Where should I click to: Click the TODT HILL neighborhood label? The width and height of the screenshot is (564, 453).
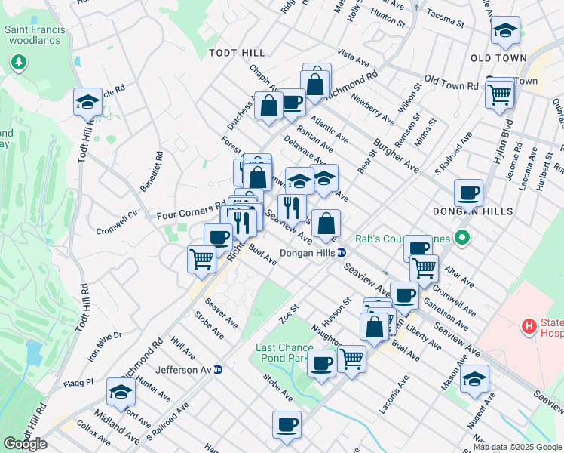(238, 52)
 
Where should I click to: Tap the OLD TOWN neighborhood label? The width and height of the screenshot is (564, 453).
(497, 57)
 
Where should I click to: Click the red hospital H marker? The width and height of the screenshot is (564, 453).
(529, 326)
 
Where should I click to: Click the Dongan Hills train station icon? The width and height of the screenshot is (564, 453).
(341, 253)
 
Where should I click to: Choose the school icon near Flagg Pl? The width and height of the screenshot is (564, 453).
(121, 391)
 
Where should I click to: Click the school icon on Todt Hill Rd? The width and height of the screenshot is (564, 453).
(87, 101)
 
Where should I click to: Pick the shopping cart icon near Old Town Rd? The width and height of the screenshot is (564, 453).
(500, 94)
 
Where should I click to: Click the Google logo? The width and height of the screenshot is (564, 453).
(25, 444)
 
